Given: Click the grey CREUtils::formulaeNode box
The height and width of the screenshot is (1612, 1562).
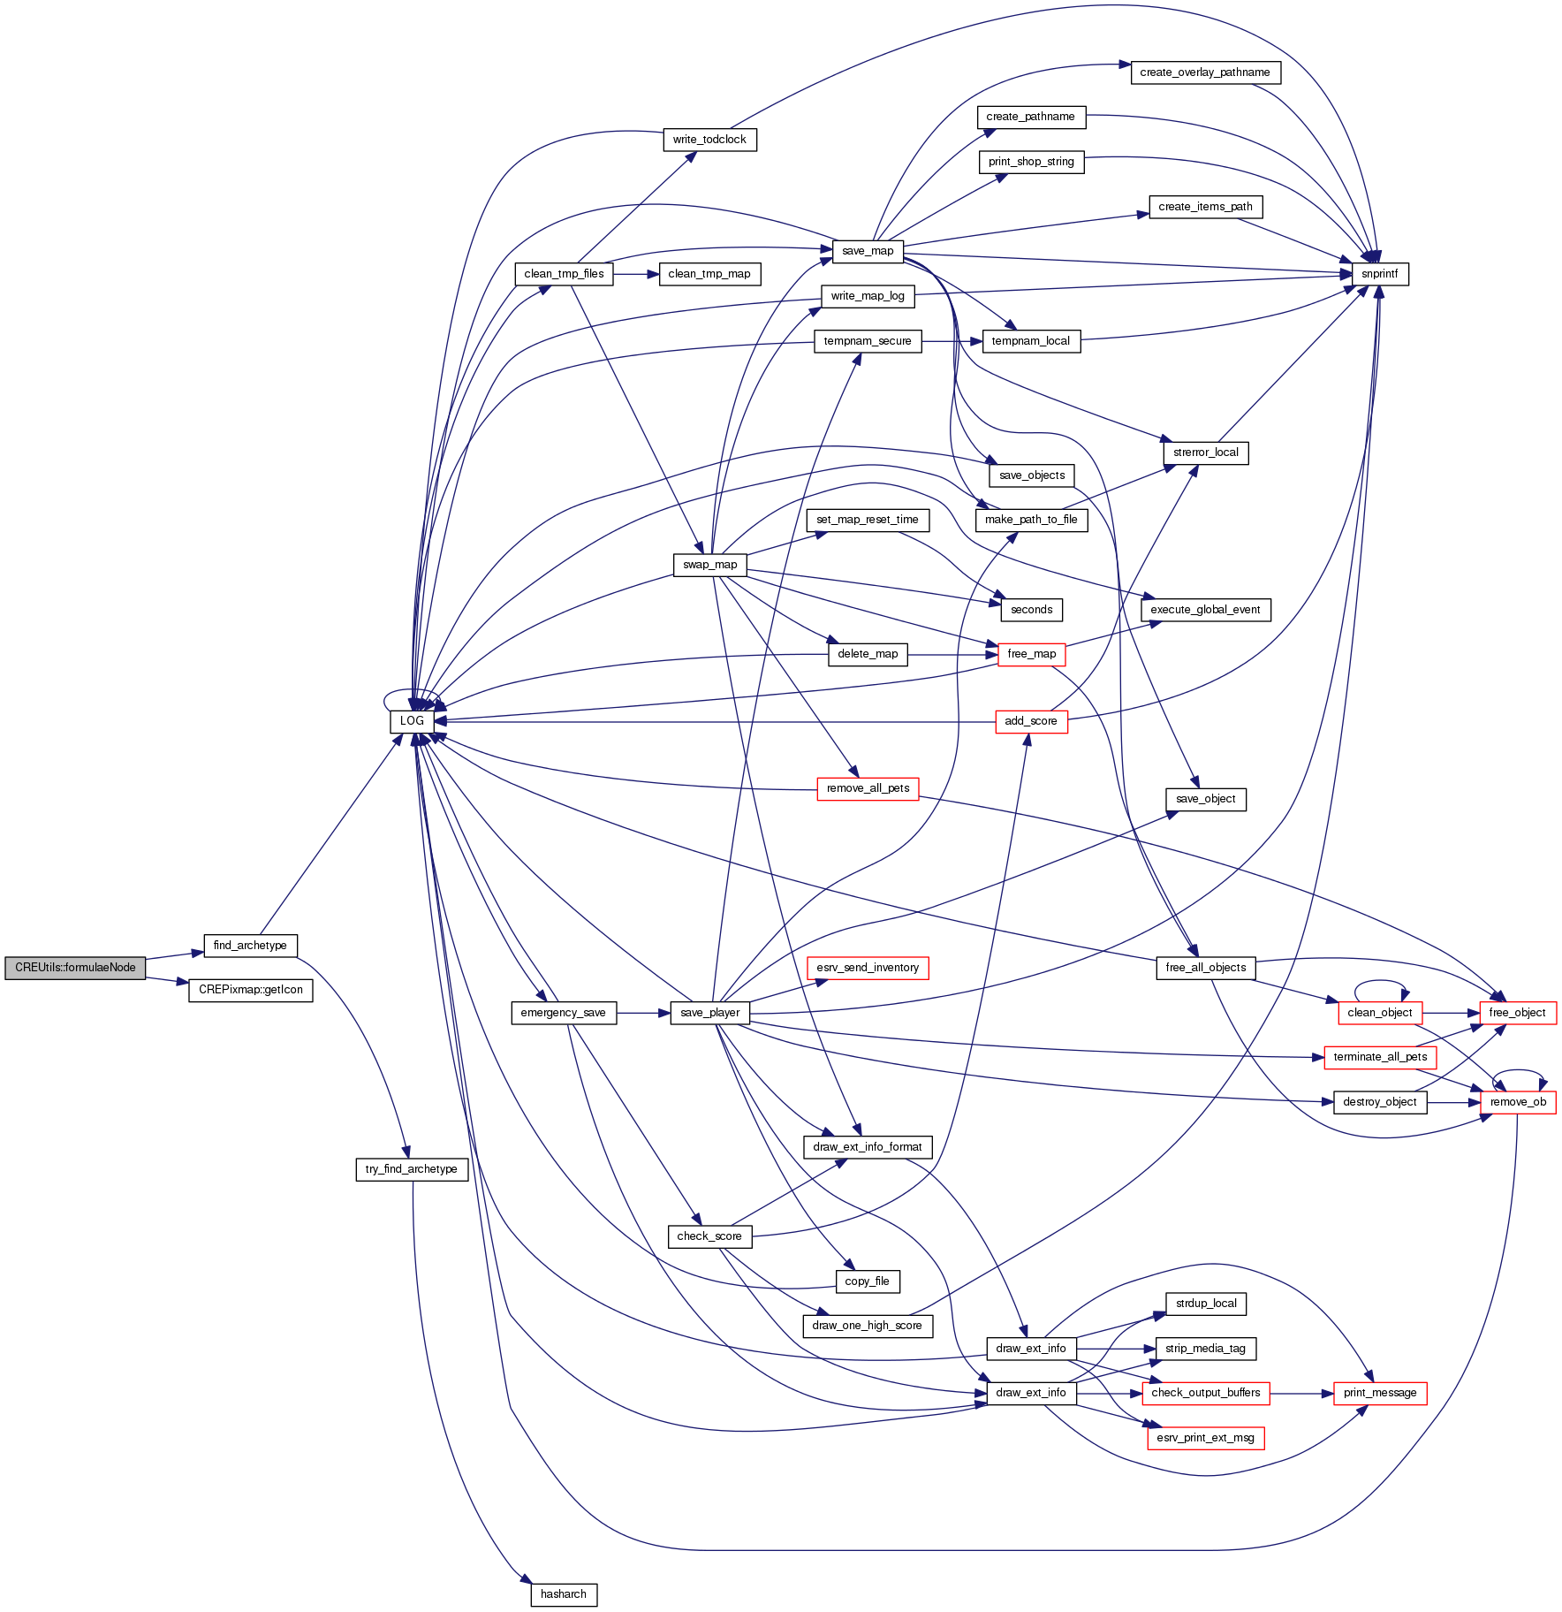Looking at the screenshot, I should point(75,968).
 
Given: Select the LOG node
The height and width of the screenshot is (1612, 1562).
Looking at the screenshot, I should point(412,721).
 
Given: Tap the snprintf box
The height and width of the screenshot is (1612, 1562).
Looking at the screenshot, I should point(1379,274).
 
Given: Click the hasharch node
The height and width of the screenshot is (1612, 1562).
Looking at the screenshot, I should point(564,1594).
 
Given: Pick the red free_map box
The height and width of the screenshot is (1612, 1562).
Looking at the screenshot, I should point(1031,654).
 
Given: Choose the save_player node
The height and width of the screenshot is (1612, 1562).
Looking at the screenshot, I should point(710,1013).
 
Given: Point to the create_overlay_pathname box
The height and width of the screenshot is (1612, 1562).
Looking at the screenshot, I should point(1205,72).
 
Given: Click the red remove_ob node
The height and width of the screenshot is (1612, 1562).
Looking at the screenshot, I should point(1518,1102).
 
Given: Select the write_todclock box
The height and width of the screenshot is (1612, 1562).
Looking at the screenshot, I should point(709,140).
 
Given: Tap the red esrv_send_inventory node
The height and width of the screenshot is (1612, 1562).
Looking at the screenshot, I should point(868,968).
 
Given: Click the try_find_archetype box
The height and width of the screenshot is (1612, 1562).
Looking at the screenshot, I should point(412,1169).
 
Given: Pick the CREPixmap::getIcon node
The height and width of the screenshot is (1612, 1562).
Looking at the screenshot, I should point(251,990).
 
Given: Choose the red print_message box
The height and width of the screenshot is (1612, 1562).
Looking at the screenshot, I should point(1380,1393).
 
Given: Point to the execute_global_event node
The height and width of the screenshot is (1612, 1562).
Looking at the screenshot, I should point(1205,610).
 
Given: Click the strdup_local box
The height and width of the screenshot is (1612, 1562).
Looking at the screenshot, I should point(1206,1304).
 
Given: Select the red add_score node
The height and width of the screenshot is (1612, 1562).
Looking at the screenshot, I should point(1031,721).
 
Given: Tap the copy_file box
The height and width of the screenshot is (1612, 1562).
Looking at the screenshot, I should point(867,1281).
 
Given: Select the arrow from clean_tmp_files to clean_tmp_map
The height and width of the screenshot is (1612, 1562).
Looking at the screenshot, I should point(636,274).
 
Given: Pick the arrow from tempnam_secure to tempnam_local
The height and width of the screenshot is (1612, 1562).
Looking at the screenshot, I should point(952,341).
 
